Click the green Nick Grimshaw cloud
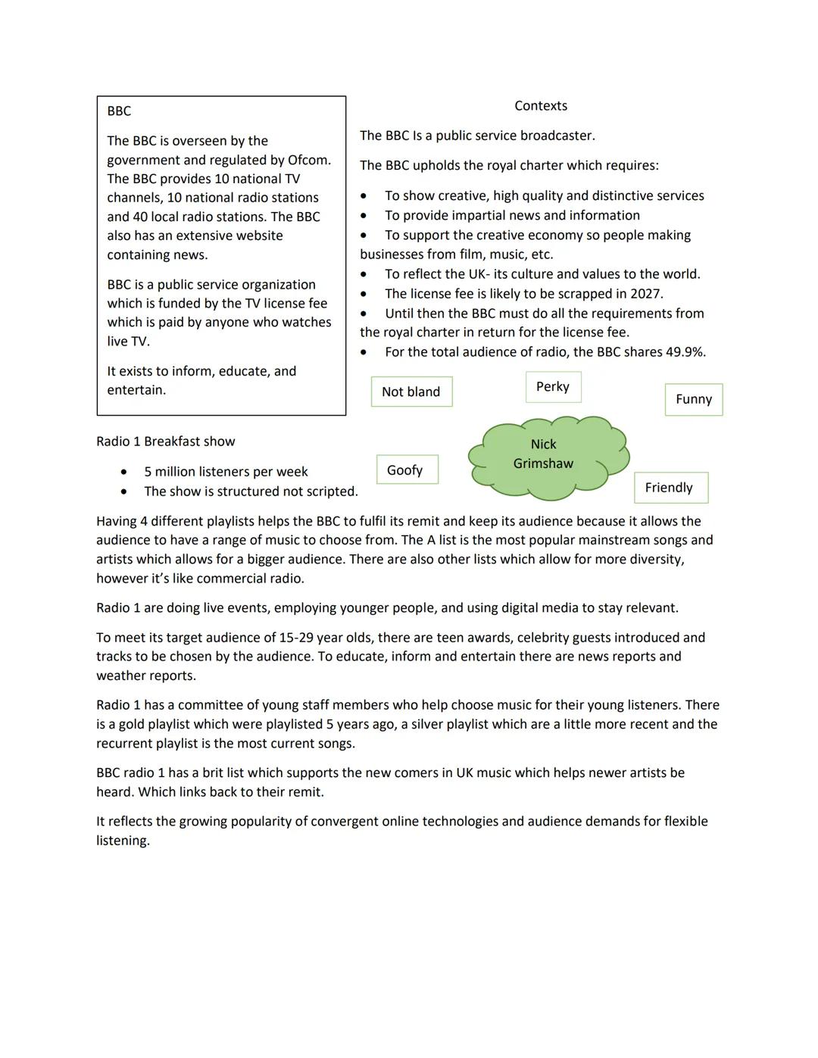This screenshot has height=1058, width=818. tap(548, 457)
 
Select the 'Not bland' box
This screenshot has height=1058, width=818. tap(411, 392)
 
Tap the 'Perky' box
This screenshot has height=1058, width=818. tap(553, 387)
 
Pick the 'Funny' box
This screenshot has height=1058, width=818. tap(694, 399)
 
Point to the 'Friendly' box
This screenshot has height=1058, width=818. tap(670, 488)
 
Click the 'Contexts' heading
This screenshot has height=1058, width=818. tap(541, 106)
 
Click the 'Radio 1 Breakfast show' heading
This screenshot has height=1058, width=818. tap(166, 442)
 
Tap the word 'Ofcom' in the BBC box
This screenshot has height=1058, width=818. tap(308, 160)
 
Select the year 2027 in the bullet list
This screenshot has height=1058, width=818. tap(645, 294)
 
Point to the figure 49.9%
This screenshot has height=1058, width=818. tap(685, 352)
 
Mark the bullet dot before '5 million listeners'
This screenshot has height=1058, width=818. tap(123, 472)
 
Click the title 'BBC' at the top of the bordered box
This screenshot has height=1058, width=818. tap(119, 111)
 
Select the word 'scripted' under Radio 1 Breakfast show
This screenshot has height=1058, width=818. tap(331, 492)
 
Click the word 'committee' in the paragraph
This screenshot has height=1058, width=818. tap(210, 705)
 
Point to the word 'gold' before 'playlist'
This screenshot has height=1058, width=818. tap(131, 724)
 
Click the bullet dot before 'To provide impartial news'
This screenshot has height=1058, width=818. tap(364, 216)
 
